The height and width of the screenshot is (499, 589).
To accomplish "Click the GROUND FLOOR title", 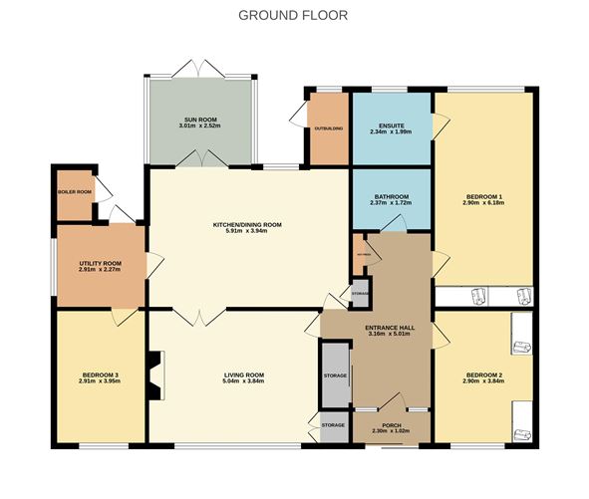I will tap(294, 15).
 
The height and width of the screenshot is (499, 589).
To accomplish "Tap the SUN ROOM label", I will tap(199, 119).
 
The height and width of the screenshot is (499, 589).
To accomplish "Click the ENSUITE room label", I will tap(388, 125).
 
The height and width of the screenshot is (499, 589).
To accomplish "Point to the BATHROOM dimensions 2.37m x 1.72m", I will tap(392, 204).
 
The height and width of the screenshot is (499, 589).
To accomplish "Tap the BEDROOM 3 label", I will tap(100, 374).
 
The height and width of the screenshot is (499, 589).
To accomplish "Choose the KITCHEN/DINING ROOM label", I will tap(247, 225).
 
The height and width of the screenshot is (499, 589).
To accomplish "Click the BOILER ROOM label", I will tap(74, 191).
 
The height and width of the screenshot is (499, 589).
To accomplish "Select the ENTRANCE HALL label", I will tap(391, 328).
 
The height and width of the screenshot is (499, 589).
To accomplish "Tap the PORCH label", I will tap(392, 424).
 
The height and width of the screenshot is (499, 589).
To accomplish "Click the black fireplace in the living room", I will tap(153, 375).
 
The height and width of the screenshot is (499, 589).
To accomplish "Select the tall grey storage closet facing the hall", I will tap(335, 375).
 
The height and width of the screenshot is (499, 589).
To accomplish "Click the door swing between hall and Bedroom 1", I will tap(437, 261).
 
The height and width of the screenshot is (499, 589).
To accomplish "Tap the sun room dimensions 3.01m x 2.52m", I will tap(198, 125).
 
